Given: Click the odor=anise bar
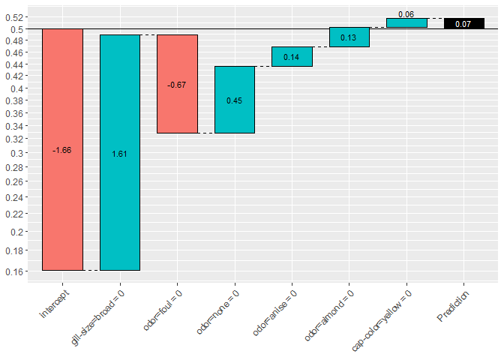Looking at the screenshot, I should tap(292, 56).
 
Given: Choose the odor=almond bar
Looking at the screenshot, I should tap(349, 37).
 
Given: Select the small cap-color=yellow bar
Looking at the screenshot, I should tap(406, 23).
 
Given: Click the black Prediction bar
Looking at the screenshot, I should tap(463, 23).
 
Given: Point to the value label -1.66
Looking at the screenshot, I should tap(62, 151).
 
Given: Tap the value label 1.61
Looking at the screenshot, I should tap(120, 154).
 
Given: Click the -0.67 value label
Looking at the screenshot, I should tap(177, 85).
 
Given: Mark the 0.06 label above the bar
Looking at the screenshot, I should tap(406, 14).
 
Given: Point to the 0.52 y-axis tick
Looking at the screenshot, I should tap(16, 17).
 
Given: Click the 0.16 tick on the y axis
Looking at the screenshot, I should tap(16, 271).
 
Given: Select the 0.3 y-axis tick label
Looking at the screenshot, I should tap(19, 154).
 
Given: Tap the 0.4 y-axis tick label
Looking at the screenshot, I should tap(19, 88).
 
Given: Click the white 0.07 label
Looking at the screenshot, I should tap(463, 24).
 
